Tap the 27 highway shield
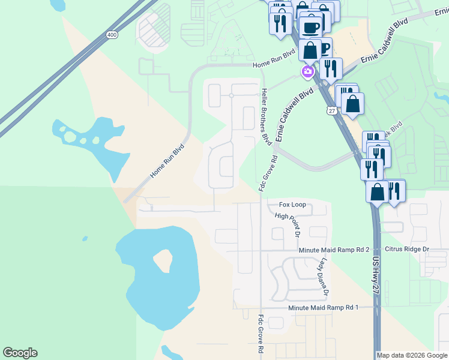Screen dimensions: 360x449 pos(331,111)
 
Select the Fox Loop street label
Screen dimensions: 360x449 pos(292,205)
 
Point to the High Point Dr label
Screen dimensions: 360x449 pos(286,224)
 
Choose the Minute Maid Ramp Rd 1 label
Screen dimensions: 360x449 pos(323,307)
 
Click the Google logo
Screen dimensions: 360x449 pos(20,353)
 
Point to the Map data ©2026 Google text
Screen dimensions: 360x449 pos(412,355)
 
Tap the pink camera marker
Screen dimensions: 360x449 pos(307,71)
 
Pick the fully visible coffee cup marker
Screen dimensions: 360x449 pos(311,28)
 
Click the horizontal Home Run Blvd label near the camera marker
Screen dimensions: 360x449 pos(274,64)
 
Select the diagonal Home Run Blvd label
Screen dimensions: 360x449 pos(166,161)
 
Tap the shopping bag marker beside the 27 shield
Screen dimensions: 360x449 pos(354,103)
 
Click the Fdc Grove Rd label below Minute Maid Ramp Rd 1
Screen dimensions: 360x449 pos(261,334)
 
